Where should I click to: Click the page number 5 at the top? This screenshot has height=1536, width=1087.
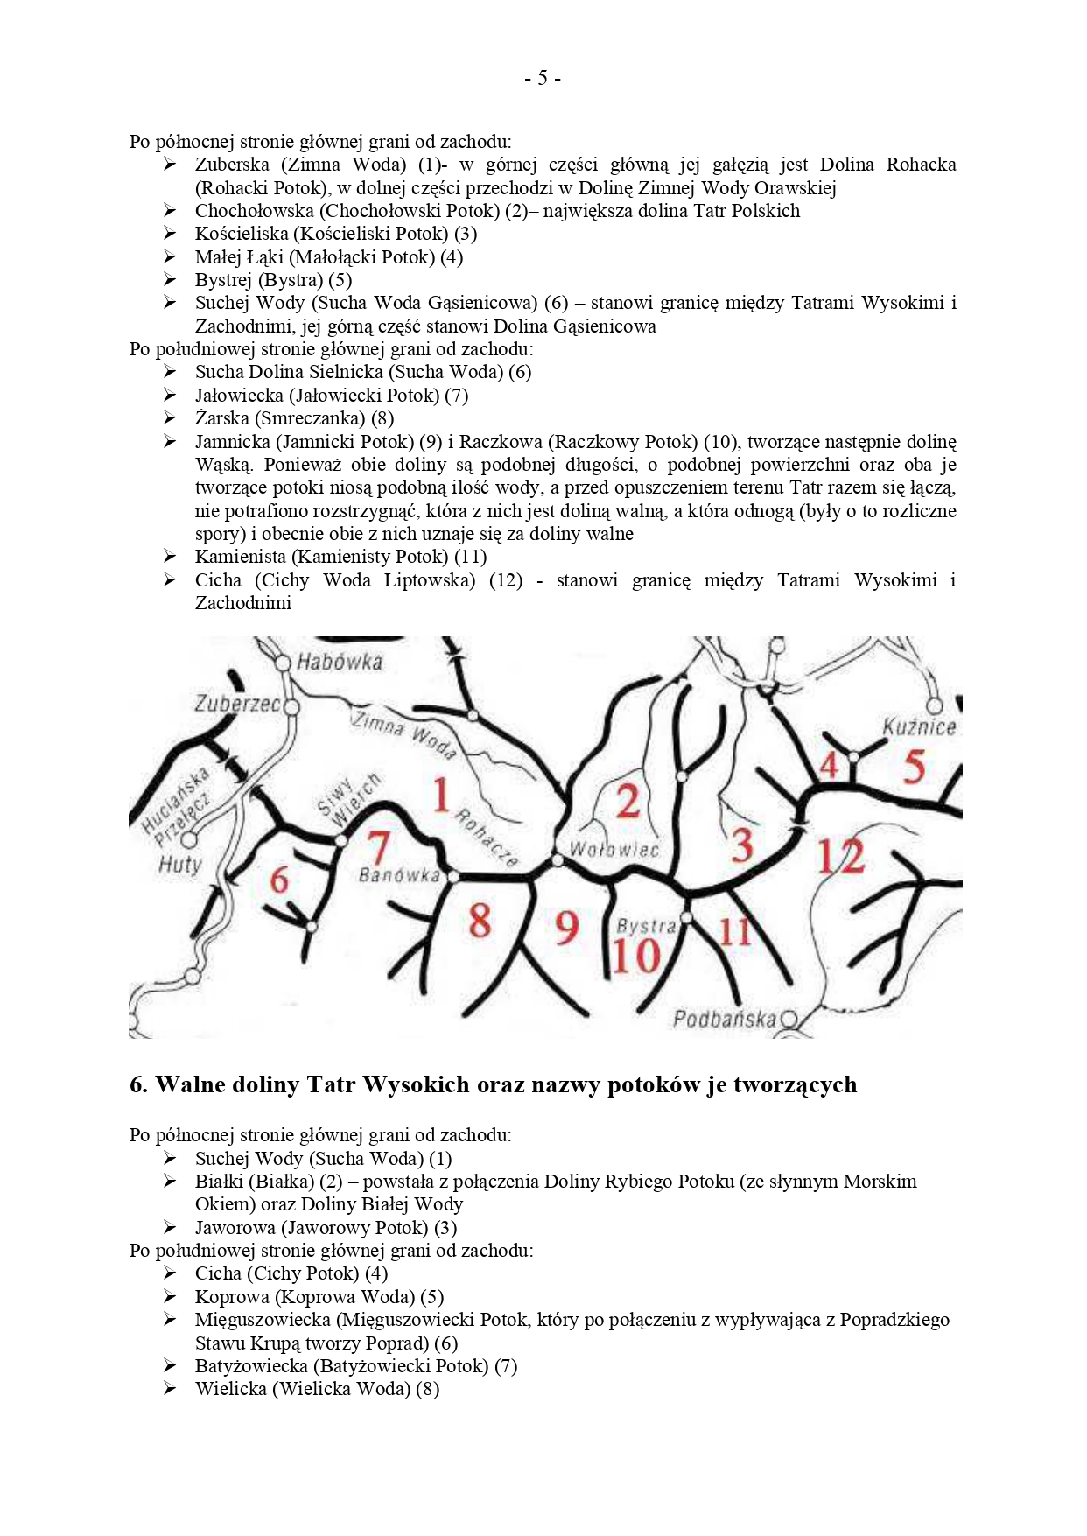click(x=543, y=79)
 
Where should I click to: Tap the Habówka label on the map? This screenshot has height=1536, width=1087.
click(x=340, y=662)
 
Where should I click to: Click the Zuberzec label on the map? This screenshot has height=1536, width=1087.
click(x=236, y=704)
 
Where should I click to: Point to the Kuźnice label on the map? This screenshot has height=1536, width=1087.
click(x=919, y=727)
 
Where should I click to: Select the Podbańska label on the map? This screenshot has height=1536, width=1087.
click(x=724, y=1019)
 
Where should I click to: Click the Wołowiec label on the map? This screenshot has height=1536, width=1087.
click(x=614, y=850)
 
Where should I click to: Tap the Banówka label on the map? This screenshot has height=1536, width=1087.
click(x=399, y=875)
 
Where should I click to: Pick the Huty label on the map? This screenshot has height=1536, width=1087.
click(x=179, y=865)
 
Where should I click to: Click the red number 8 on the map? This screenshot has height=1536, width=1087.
click(x=480, y=921)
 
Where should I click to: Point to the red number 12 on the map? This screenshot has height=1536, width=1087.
click(x=840, y=856)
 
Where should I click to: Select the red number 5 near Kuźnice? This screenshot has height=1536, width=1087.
click(x=914, y=767)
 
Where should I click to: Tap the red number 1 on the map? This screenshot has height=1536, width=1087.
click(x=441, y=795)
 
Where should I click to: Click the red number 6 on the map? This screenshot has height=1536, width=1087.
click(x=279, y=879)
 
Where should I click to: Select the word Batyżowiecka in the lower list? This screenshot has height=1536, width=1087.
click(x=251, y=1366)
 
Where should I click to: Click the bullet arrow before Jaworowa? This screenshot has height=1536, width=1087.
click(x=170, y=1228)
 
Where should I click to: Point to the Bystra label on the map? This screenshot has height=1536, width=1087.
click(x=646, y=927)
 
